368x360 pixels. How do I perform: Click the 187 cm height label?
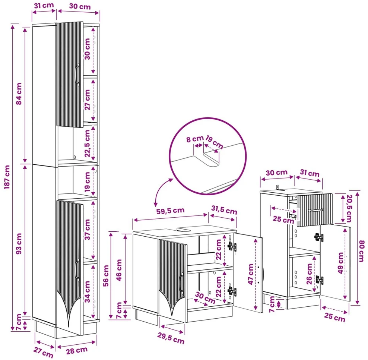click(7, 177)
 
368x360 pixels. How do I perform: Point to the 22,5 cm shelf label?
click(87, 143)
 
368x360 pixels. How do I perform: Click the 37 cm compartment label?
click(87, 229)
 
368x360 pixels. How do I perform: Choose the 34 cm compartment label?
click(87, 292)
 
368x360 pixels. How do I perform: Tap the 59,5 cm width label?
click(170, 211)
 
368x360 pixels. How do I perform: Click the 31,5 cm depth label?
click(224, 210)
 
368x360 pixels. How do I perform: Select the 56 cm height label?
click(106, 275)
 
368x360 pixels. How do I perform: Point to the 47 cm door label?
click(251, 274)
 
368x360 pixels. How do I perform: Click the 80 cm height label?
click(362, 251)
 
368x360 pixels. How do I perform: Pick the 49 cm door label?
click(340, 263)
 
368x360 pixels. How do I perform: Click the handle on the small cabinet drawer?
click(316, 210)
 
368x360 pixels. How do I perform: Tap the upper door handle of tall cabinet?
click(77, 74)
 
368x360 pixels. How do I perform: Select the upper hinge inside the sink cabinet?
click(232, 247)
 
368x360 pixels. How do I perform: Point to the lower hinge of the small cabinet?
click(319, 280)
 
